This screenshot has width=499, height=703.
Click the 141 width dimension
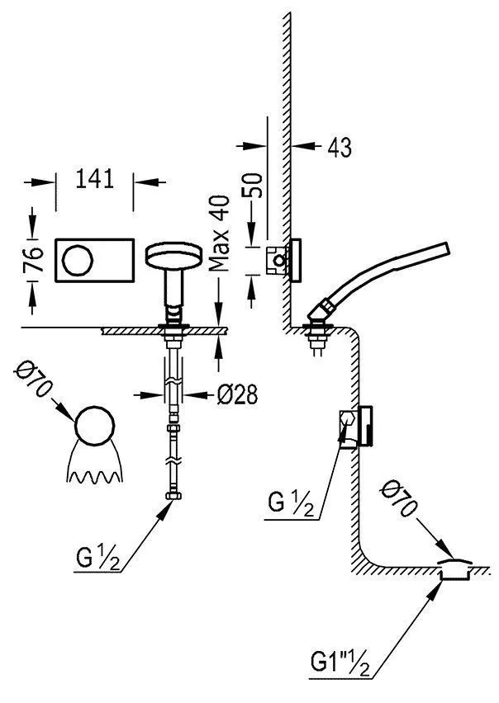pyautogui.click(x=95, y=178)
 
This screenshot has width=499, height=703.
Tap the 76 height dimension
pyautogui.click(x=34, y=259)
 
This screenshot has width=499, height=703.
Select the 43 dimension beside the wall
pyautogui.click(x=340, y=147)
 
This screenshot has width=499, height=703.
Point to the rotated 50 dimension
pyautogui.click(x=254, y=185)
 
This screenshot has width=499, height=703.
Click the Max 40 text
pyautogui.click(x=220, y=234)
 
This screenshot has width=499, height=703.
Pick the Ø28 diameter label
pyautogui.click(x=237, y=394)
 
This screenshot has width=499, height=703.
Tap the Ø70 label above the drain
pyautogui.click(x=398, y=499)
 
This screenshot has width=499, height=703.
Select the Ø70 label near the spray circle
pyautogui.click(x=34, y=379)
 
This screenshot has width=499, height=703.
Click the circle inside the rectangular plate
pyautogui.click(x=78, y=261)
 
